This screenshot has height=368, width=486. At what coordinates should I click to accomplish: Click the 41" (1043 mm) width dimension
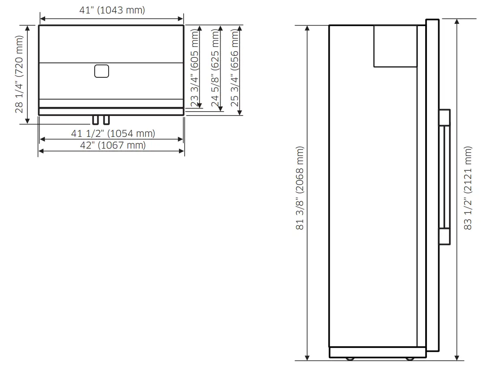click(112, 10)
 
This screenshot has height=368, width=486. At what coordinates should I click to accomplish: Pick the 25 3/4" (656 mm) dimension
click(235, 69)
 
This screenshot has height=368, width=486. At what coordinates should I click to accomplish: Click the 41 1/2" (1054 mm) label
click(113, 133)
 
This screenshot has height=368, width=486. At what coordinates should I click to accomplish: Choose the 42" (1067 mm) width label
click(112, 145)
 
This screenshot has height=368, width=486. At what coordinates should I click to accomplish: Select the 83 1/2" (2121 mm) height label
click(468, 188)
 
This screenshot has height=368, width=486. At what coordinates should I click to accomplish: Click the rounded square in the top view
click(101, 71)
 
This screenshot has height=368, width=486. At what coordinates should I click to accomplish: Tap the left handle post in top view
click(95, 120)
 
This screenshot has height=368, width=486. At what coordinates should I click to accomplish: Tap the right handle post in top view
click(106, 120)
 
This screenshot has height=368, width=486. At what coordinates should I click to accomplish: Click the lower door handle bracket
click(444, 237)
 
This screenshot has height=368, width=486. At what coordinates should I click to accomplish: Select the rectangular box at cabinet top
click(396, 46)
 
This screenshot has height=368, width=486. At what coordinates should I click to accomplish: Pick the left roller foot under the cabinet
click(350, 358)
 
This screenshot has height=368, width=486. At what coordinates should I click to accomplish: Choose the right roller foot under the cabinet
click(409, 358)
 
